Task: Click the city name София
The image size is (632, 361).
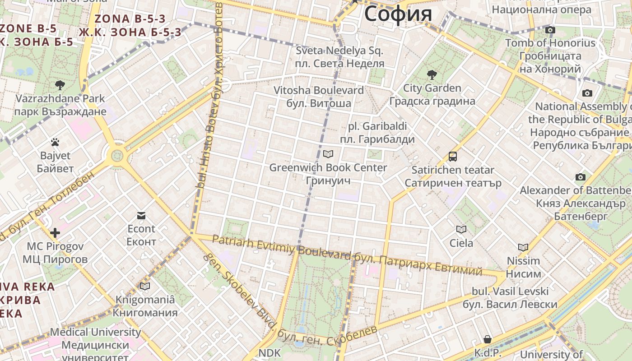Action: (x=398, y=14)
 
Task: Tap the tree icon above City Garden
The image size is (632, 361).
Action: (x=432, y=74)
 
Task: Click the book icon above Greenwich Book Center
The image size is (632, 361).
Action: (x=328, y=154)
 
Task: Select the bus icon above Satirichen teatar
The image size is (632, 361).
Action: (x=453, y=157)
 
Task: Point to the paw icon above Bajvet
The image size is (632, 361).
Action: (x=55, y=143)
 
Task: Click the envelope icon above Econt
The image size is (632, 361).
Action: (x=141, y=215)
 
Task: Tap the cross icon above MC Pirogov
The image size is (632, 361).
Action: (x=55, y=233)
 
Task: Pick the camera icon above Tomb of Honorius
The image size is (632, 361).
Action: (x=550, y=30)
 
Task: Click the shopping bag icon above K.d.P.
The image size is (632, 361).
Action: (x=488, y=339)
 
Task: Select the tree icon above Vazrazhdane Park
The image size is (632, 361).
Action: (x=60, y=85)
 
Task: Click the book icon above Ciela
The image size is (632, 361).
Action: (x=461, y=230)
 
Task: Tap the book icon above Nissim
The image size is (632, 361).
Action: (x=523, y=247)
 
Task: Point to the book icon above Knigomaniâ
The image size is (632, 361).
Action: (x=145, y=286)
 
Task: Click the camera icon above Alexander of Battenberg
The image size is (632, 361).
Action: (x=581, y=177)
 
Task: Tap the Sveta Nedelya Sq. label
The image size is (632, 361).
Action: (x=339, y=51)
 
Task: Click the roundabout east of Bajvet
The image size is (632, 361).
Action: (x=117, y=156)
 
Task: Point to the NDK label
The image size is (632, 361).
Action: (x=270, y=352)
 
